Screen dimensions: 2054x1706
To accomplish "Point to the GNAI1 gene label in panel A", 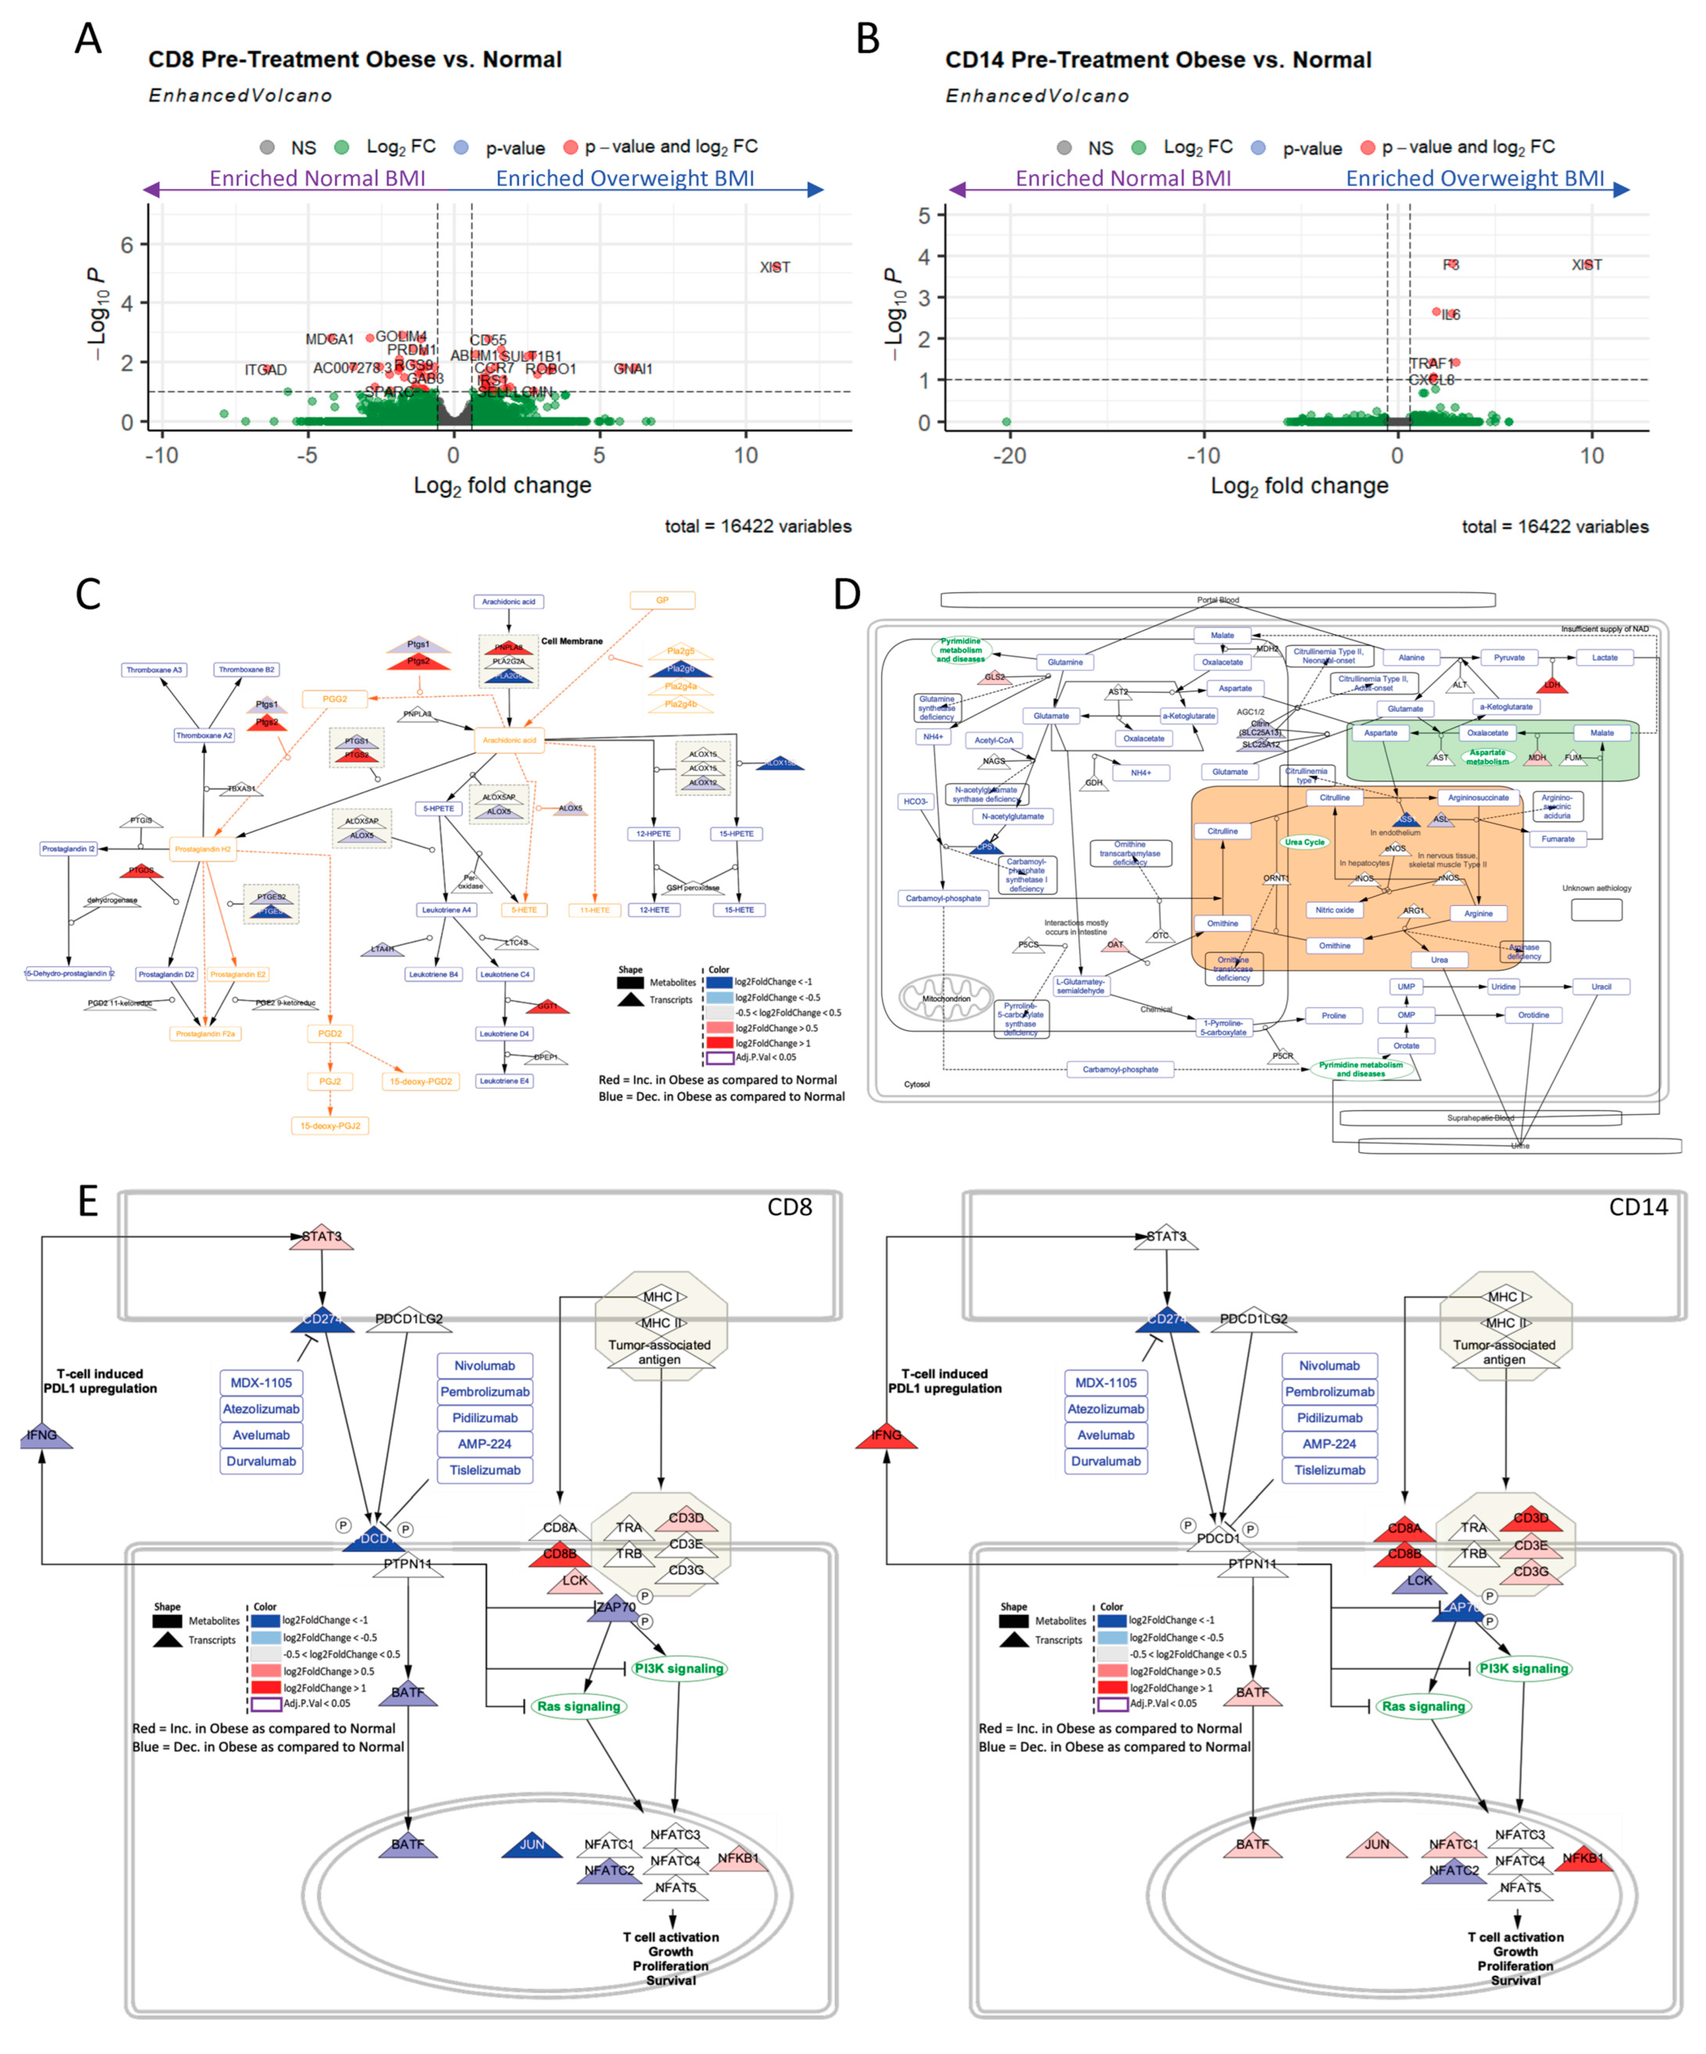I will tap(633, 369).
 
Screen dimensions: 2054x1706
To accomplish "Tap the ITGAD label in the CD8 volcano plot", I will tap(265, 370).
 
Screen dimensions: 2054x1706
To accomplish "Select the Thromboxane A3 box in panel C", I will tap(154, 670).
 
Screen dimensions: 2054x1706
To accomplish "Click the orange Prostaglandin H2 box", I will tap(202, 849).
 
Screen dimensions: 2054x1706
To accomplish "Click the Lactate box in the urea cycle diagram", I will tap(1604, 657).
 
